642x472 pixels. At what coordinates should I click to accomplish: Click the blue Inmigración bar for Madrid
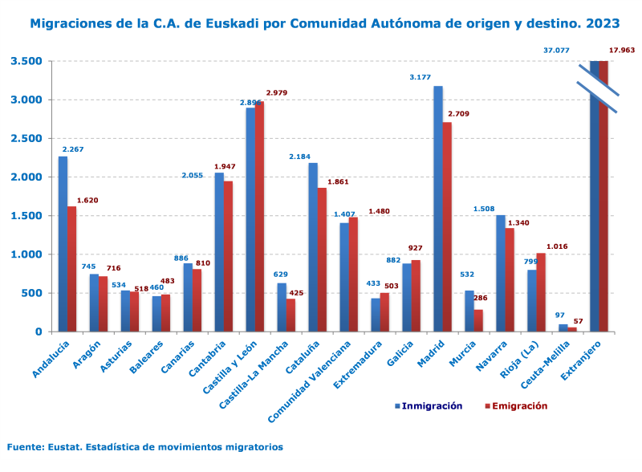(438, 209)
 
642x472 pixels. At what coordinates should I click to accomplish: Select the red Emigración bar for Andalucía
(71, 269)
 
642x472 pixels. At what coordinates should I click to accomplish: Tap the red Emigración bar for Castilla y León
(259, 217)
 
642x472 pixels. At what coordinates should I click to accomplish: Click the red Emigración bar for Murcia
(478, 320)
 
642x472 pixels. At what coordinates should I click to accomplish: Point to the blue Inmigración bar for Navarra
(501, 273)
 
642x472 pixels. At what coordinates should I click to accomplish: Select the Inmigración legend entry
(429, 406)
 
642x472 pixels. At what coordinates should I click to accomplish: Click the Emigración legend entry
(517, 406)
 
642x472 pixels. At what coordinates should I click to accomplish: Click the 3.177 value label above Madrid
(421, 77)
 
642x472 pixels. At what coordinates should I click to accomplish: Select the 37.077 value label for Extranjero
(556, 51)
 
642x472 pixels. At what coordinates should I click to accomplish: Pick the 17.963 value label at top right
(622, 51)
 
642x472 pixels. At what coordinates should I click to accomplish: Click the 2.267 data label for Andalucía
(71, 149)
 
